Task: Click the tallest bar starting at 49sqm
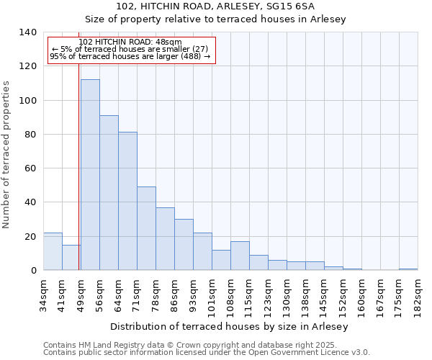(x=90, y=175)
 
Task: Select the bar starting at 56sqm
(x=109, y=193)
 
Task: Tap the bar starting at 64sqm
(x=127, y=202)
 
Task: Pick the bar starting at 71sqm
(x=146, y=229)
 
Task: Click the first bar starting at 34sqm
(x=53, y=252)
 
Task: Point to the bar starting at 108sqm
(x=240, y=256)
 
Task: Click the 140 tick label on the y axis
(x=27, y=32)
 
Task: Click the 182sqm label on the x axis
(x=418, y=293)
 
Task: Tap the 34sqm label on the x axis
(x=44, y=293)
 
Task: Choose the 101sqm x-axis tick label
(x=212, y=293)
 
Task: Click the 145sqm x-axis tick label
(x=325, y=293)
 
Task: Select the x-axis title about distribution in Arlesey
(x=230, y=326)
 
